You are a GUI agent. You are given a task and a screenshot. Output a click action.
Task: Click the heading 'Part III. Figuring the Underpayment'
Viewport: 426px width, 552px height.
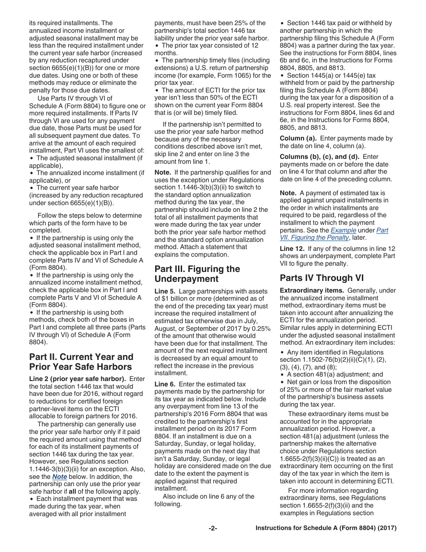(x=197, y=274)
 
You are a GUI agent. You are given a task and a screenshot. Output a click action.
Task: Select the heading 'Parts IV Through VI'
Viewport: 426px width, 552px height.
(x=322, y=278)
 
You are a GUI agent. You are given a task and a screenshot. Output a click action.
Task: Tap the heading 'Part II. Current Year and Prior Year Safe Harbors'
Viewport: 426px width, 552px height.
(x=81, y=362)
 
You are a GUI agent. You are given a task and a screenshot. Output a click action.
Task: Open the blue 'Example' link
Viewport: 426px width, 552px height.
(x=343, y=230)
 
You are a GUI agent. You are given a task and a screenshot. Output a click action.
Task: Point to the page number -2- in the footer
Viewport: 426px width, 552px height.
(x=213, y=528)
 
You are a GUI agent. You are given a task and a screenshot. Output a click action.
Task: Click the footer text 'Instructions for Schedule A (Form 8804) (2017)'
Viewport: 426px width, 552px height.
(x=326, y=528)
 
